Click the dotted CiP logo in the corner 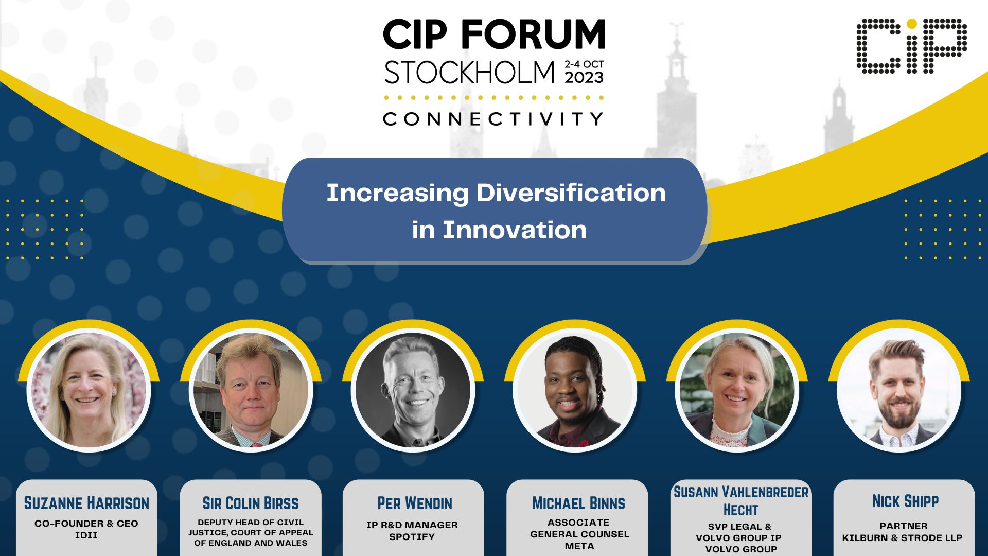point(911,46)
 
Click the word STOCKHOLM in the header point(469,73)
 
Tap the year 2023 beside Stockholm point(584,77)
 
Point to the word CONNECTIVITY point(493,119)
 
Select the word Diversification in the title point(571,193)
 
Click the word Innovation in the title point(515,230)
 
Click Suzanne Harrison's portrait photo point(89,390)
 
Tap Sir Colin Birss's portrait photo point(251,390)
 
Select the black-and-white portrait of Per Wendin point(413,390)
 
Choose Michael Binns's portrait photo point(575,390)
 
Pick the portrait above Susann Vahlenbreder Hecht point(737,390)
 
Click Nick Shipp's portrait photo point(899,390)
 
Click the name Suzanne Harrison point(86,503)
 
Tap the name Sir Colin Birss point(251,503)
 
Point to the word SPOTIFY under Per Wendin point(412,537)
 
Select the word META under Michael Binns point(579,546)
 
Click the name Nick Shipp point(905,501)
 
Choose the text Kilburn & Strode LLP point(902,538)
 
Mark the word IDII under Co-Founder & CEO point(86,535)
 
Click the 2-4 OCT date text point(584,64)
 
